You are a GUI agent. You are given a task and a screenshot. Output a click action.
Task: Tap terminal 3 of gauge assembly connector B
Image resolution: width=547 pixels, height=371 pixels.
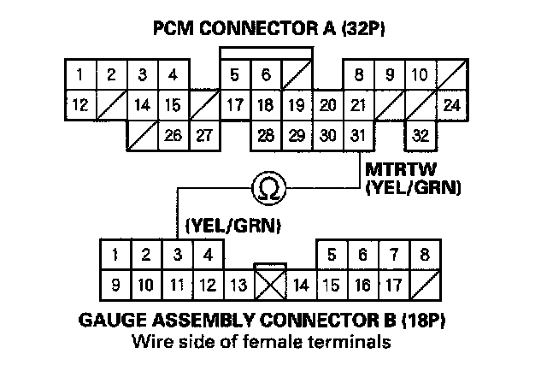177,255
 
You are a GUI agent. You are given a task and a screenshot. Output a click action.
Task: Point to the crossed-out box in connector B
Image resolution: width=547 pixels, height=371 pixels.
269,281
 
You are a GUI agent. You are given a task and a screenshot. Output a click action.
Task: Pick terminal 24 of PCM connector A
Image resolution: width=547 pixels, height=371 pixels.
451,108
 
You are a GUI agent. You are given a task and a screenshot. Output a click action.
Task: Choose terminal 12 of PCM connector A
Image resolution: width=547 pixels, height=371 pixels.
79,108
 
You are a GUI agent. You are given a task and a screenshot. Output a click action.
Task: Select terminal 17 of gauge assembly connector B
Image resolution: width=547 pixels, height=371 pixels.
393,282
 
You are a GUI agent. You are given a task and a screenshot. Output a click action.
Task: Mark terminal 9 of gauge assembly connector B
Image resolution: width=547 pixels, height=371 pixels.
115,282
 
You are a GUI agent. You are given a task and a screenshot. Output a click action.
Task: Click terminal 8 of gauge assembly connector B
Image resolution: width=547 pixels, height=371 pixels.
425,255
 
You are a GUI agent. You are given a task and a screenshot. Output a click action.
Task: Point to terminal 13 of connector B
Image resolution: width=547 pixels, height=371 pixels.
238,282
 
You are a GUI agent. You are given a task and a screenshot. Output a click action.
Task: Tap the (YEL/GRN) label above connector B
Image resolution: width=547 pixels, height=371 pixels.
233,225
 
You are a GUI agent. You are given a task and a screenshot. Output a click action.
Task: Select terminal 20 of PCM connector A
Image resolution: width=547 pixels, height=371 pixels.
327,108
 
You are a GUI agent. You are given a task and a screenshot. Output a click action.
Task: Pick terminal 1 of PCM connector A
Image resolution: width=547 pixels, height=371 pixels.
79,76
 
